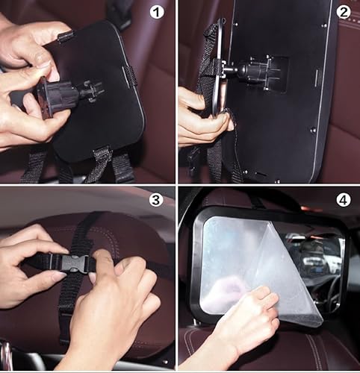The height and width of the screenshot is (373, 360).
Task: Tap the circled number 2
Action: coord(344,12)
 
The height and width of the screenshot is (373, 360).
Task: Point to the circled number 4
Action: coord(344,200)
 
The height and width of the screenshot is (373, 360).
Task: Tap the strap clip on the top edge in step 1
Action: coord(65,36)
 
